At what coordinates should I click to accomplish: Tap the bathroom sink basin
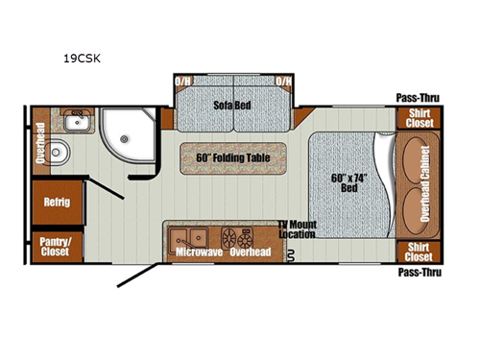[x=74, y=122]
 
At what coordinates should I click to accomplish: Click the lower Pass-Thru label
[x=418, y=272]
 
